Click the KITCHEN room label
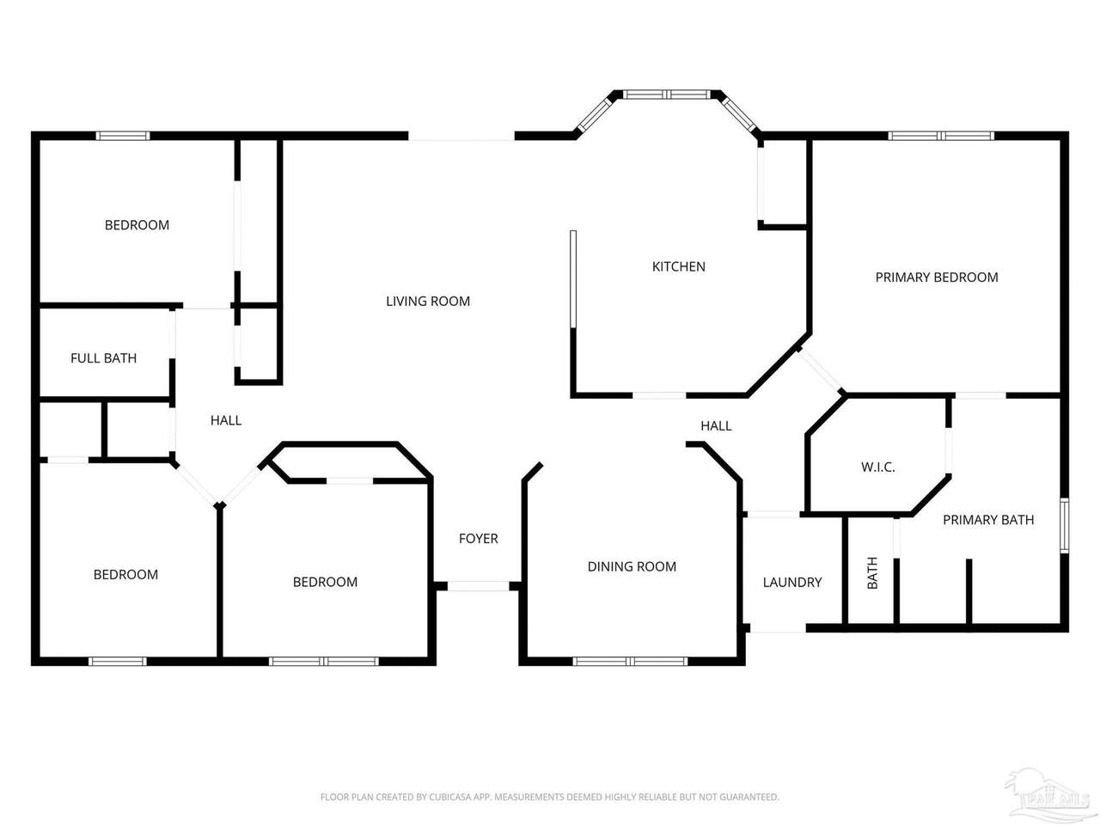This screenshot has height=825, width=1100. click(x=678, y=266)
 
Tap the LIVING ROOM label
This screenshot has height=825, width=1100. click(x=428, y=301)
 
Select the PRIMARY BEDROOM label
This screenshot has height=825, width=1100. click(x=936, y=277)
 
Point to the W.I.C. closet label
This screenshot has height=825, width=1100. click(x=878, y=467)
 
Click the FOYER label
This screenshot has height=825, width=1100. click(x=478, y=539)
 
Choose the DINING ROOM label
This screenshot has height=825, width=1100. click(x=632, y=566)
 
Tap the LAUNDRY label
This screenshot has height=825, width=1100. click(x=791, y=582)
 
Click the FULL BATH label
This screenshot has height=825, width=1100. click(x=103, y=358)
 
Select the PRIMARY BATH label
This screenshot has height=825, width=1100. click(x=988, y=520)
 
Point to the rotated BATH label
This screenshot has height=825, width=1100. click(x=872, y=572)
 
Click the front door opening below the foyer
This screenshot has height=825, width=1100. click(x=478, y=586)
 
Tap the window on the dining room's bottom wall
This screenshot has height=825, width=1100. click(x=630, y=661)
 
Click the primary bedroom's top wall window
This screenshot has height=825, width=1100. click(x=941, y=135)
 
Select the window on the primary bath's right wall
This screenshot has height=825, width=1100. click(x=1065, y=525)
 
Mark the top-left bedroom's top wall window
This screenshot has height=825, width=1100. click(x=123, y=135)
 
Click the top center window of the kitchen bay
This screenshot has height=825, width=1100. click(x=666, y=95)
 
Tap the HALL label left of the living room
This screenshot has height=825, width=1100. click(x=225, y=420)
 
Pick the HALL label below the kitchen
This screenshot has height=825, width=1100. click(x=716, y=425)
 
